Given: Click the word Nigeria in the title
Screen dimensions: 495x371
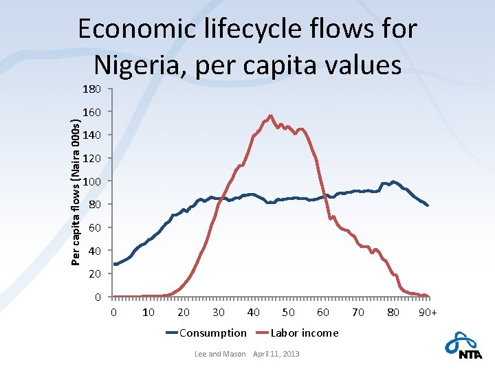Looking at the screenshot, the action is coord(139,65).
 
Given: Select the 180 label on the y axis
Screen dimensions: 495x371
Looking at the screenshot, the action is coord(91,89).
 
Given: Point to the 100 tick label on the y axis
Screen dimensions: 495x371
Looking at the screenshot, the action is coord(91,181).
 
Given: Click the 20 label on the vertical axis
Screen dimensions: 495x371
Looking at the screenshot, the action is coord(94,274).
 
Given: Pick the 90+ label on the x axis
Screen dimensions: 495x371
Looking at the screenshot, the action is coord(428,313).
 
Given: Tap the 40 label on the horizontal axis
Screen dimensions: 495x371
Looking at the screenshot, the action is coord(253,313).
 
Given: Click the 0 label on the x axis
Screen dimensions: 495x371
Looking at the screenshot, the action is coord(113,313).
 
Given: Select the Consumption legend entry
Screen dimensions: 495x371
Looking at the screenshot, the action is coord(206,333).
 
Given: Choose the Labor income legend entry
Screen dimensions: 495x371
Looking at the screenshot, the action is coord(297,333).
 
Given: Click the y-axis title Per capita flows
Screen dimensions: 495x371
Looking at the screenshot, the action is coord(76,192).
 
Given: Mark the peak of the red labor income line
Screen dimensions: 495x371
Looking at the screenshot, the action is coord(270,116).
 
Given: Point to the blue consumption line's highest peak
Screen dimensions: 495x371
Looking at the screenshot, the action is coord(393,181).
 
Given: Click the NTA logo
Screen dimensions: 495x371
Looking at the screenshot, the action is coord(463,346).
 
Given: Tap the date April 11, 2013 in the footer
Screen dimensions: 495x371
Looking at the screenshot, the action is coord(276,354).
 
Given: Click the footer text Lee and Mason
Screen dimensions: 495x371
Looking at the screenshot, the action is coord(220,354).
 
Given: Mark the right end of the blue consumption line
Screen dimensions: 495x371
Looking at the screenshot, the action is coord(428,205).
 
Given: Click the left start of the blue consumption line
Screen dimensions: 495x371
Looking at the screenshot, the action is coord(113,264).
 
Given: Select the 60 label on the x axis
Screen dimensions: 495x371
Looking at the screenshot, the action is coord(323,313).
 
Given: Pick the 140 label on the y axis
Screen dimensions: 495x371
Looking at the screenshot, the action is coord(91,135).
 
